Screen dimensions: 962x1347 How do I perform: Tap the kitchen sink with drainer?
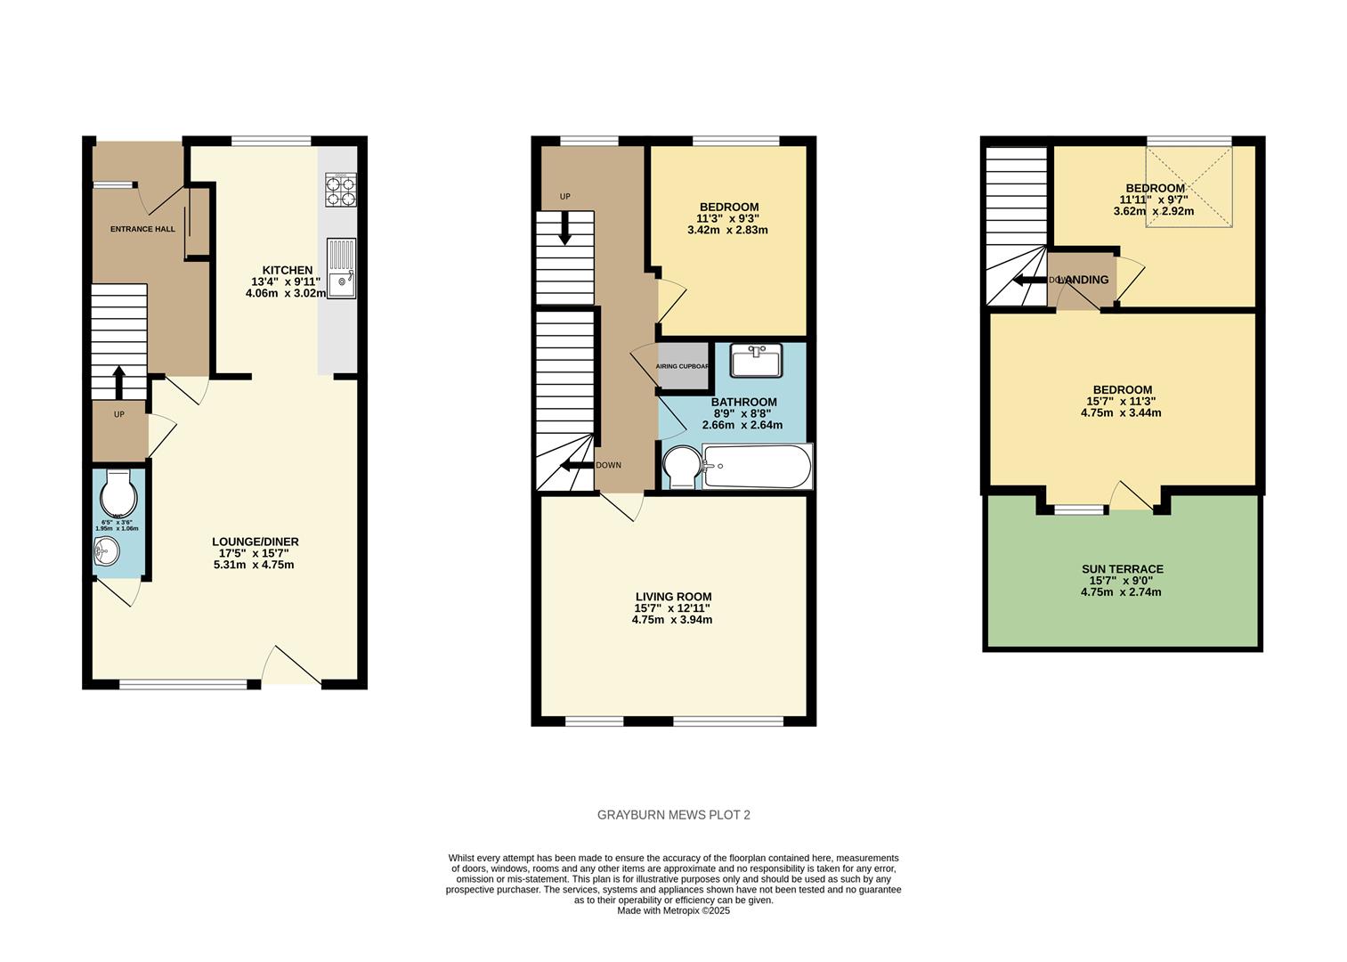(341, 268)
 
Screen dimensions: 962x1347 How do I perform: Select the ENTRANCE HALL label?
(142, 229)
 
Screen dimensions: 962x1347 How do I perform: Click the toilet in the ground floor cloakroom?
(118, 491)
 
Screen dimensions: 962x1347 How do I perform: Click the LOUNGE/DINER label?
(255, 542)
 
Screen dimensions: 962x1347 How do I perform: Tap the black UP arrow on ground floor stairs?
(118, 381)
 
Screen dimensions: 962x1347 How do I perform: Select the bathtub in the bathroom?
(757, 467)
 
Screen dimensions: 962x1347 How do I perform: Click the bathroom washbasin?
(756, 361)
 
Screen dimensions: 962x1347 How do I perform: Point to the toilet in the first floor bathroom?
(682, 467)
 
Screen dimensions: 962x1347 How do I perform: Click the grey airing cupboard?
(683, 366)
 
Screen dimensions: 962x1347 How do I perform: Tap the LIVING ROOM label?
(673, 597)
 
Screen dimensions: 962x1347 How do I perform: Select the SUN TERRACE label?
(1122, 569)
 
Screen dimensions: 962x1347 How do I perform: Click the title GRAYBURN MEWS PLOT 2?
(673, 815)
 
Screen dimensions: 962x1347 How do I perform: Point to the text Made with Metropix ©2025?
(673, 910)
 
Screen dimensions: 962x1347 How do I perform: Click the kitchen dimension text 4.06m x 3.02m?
(286, 293)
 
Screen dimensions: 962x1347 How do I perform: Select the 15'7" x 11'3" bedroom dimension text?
(1122, 402)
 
